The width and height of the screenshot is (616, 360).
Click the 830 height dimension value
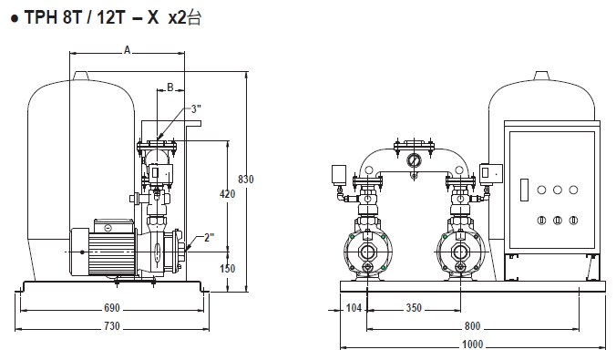point(246,180)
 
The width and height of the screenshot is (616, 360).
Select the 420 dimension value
point(228,194)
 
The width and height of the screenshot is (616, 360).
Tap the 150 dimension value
point(228,269)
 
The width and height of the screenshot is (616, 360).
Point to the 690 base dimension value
point(112,308)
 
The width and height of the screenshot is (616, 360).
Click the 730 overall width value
point(112,326)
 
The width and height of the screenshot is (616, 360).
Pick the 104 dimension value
point(354,307)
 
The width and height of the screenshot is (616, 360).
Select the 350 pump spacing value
point(414,307)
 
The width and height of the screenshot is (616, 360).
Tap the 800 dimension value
point(473,326)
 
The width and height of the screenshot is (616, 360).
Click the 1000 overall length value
point(473,345)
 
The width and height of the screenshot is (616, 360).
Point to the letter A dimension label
point(127,50)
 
